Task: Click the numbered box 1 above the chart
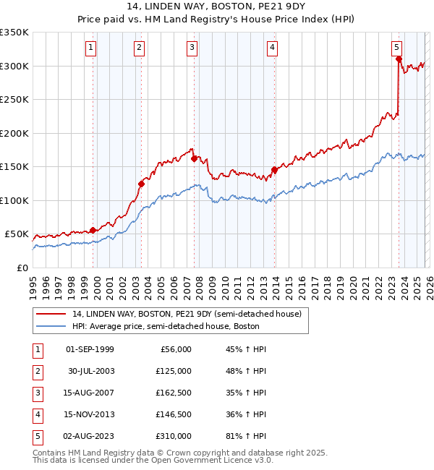point(91,48)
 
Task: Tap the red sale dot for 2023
point(399,60)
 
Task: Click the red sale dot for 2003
point(142,184)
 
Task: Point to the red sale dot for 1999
point(93,230)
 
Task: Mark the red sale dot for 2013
point(274,170)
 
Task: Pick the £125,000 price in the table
point(174,371)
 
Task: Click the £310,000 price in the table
point(174,436)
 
